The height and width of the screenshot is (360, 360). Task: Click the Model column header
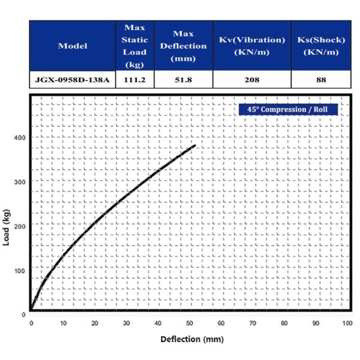click(x=73, y=46)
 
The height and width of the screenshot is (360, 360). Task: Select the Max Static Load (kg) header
click(x=134, y=46)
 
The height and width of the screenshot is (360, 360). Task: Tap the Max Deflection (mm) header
click(x=183, y=46)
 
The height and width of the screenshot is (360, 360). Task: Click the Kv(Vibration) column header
click(x=251, y=46)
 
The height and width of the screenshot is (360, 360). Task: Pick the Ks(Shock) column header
click(x=321, y=46)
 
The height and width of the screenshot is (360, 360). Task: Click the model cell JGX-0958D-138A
click(x=73, y=79)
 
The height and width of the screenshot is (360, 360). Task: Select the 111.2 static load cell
click(x=134, y=79)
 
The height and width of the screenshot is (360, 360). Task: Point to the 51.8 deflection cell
click(x=183, y=79)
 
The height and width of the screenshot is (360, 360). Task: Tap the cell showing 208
click(x=251, y=79)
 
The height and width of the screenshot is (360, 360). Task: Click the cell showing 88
click(x=321, y=79)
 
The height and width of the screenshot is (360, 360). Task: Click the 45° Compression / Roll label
click(x=287, y=110)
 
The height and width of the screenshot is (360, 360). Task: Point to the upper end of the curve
click(x=195, y=145)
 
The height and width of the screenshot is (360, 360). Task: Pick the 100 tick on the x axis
click(x=347, y=323)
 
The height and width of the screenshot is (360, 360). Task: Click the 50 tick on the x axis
click(x=189, y=323)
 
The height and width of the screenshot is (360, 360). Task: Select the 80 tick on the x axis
click(x=284, y=323)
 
